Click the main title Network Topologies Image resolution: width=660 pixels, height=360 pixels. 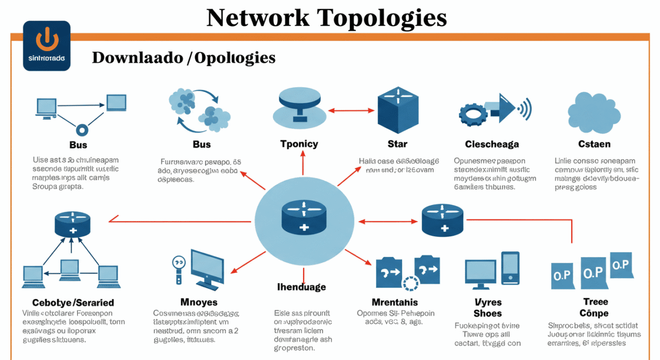(x=326, y=18)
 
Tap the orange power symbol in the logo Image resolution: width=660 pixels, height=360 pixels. (x=46, y=41)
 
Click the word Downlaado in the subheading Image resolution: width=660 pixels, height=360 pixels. (x=136, y=58)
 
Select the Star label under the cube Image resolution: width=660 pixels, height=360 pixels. (x=397, y=144)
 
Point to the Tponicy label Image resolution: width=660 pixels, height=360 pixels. (x=299, y=144)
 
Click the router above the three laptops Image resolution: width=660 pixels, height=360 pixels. (x=73, y=225)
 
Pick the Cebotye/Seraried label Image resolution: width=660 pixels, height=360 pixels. (x=73, y=303)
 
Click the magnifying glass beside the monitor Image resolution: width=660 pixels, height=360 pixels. (x=178, y=264)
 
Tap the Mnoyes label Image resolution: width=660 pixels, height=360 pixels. (x=199, y=302)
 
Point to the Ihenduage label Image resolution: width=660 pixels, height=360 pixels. (x=302, y=287)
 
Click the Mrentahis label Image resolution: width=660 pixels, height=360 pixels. (x=394, y=302)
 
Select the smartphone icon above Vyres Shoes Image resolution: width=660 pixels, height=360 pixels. (x=510, y=267)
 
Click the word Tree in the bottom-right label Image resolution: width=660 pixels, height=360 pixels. (x=596, y=302)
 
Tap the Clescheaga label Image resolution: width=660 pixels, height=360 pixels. (x=492, y=144)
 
